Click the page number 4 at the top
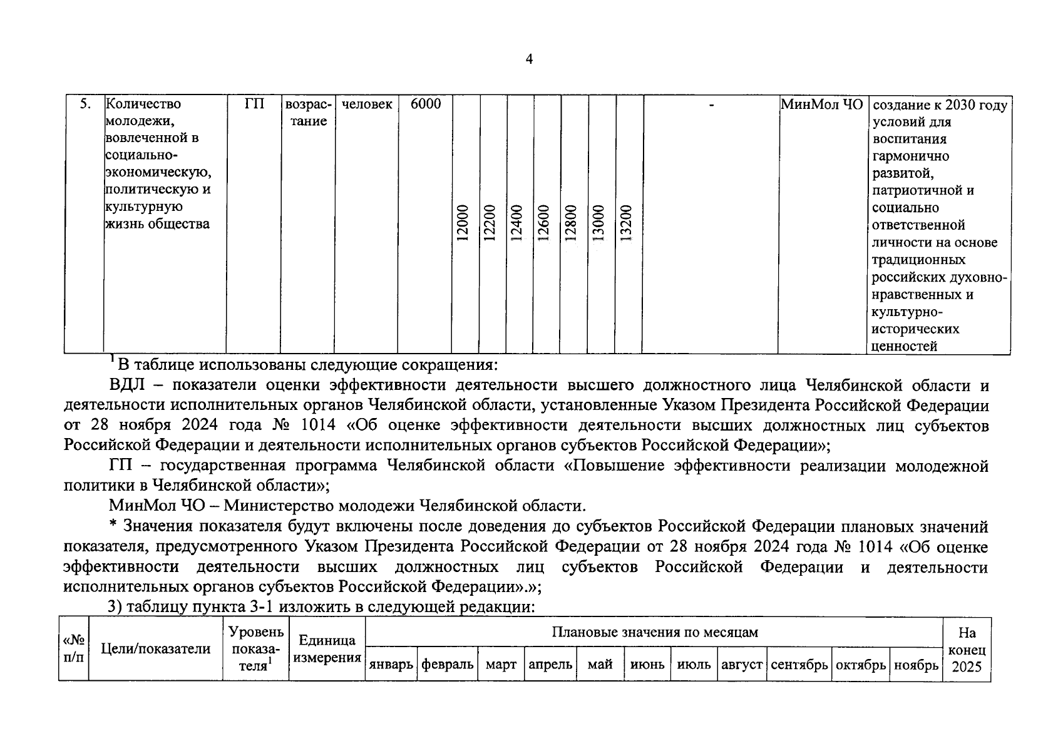(x=530, y=59)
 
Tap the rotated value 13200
(x=625, y=223)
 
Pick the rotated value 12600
(x=543, y=223)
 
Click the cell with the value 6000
(x=426, y=105)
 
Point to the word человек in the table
(x=367, y=105)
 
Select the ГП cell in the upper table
(x=254, y=105)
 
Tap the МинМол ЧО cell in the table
(x=822, y=105)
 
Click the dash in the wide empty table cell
(x=711, y=106)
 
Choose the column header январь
(x=391, y=665)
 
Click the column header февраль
(x=448, y=665)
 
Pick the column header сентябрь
(x=799, y=665)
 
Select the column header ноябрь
(x=916, y=665)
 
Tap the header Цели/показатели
(x=156, y=649)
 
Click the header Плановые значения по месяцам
(x=654, y=632)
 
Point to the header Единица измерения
(x=327, y=649)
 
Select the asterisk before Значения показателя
(x=113, y=527)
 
